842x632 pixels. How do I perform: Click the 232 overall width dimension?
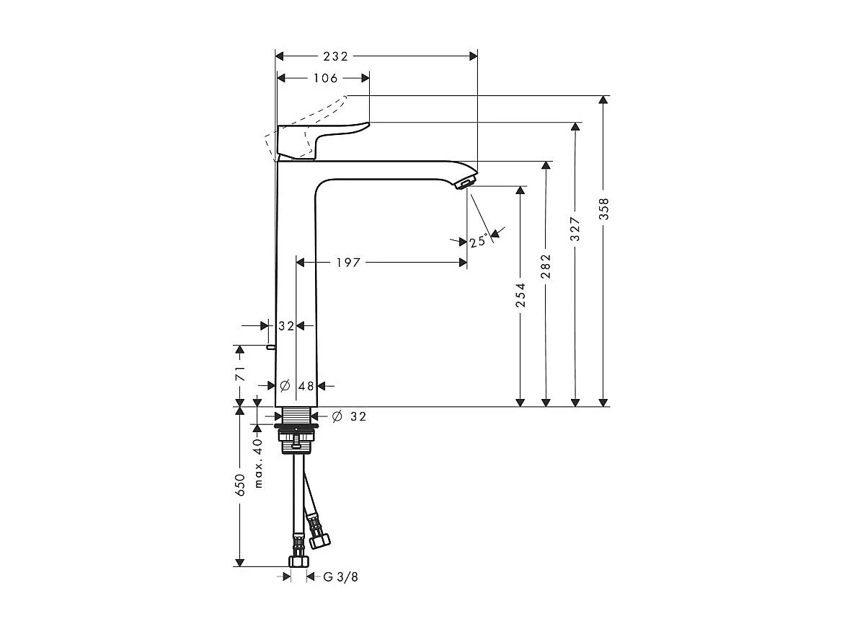[x=335, y=56]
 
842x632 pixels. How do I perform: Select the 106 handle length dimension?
[x=324, y=78]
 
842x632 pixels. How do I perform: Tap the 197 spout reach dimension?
[x=347, y=263]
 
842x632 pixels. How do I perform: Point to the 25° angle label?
[x=478, y=242]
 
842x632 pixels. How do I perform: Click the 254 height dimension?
[x=520, y=295]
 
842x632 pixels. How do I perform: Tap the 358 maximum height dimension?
[x=604, y=209]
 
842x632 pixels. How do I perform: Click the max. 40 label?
[x=259, y=462]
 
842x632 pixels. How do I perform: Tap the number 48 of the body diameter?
[x=306, y=386]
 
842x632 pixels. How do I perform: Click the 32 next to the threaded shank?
[x=358, y=416]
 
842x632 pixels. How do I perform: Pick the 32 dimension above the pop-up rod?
[x=286, y=326]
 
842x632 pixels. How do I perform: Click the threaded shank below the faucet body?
[x=296, y=416]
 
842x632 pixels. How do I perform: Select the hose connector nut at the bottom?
[x=298, y=561]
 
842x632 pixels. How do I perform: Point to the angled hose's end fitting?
[x=318, y=536]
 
